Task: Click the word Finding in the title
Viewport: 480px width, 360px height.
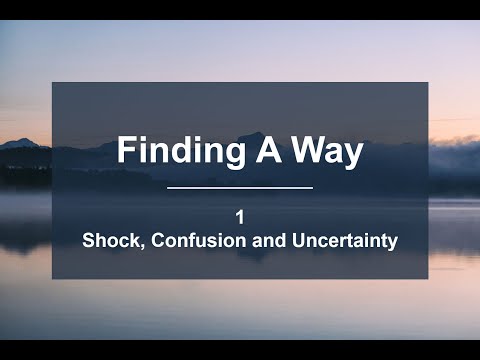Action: tap(169, 151)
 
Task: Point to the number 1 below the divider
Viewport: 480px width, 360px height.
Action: tap(240, 215)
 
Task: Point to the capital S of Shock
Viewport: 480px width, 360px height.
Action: tap(87, 241)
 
